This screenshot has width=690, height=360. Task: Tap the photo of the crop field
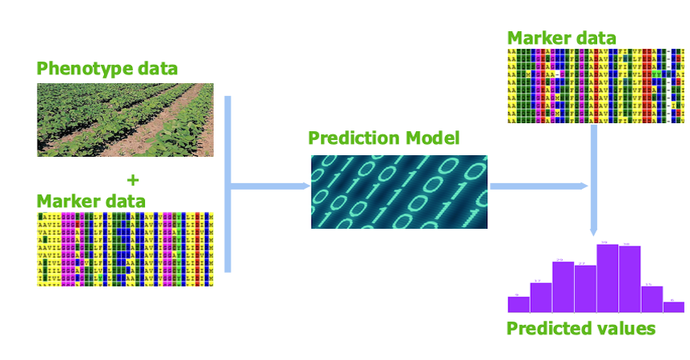click(x=125, y=119)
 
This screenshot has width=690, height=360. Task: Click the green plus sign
click(x=133, y=179)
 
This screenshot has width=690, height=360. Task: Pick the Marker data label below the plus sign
click(x=90, y=201)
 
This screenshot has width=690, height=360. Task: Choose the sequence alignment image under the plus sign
click(x=125, y=249)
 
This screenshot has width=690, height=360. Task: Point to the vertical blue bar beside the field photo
click(x=227, y=184)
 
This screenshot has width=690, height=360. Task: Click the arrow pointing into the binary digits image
click(x=272, y=186)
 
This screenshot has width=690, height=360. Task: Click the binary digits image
click(x=399, y=192)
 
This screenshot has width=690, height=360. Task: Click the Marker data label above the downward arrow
click(x=561, y=38)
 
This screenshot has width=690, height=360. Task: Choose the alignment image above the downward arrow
click(x=596, y=86)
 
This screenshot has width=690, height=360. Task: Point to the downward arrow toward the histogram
click(x=594, y=184)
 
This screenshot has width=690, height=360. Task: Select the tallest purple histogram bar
click(x=607, y=278)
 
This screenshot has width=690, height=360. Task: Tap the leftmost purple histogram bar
click(x=519, y=304)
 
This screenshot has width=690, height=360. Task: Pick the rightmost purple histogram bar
click(x=674, y=306)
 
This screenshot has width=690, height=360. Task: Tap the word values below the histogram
click(x=630, y=328)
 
